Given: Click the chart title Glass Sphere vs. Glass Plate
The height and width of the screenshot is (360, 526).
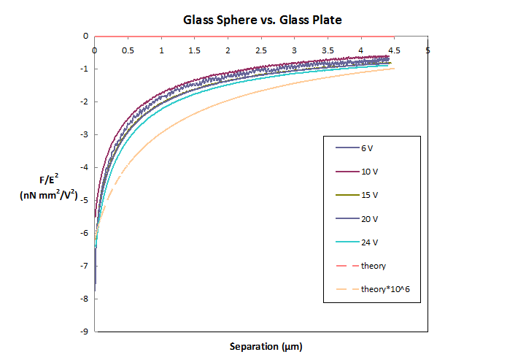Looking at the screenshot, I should (262, 20).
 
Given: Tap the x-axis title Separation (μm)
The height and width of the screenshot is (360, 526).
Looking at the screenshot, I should (262, 344).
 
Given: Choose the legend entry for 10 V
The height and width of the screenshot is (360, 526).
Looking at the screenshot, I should (369, 172).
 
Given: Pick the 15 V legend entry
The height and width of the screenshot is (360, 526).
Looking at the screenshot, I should (369, 196).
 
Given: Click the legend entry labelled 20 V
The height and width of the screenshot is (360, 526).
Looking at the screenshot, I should (369, 219).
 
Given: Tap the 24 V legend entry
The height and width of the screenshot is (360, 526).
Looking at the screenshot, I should (369, 242).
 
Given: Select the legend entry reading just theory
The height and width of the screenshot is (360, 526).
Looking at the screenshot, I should (373, 266).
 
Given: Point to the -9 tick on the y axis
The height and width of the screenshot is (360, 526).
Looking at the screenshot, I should (85, 332).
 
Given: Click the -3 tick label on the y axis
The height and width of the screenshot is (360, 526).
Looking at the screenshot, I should (85, 134).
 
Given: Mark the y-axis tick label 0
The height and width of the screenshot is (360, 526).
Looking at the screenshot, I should (86, 36).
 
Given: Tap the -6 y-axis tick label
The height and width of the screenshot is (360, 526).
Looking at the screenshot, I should (85, 233).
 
